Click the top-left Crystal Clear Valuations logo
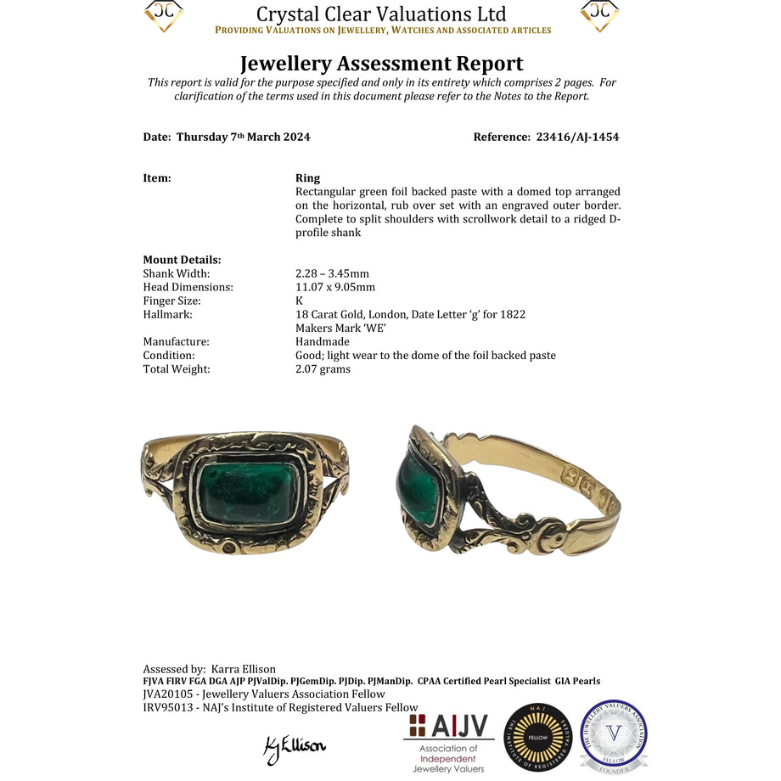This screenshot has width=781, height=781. point(164,15)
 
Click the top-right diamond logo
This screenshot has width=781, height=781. point(599,15)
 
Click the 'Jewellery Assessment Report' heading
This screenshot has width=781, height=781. point(381,64)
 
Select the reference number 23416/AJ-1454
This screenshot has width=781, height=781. point(577,137)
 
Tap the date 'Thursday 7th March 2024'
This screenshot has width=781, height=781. point(243,137)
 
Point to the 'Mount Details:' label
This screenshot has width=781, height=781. point(182,260)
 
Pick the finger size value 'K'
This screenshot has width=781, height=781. point(299,301)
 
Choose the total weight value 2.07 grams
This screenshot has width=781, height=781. point(323,368)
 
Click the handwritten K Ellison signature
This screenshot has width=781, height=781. point(295,746)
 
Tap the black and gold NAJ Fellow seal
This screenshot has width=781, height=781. point(537,738)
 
